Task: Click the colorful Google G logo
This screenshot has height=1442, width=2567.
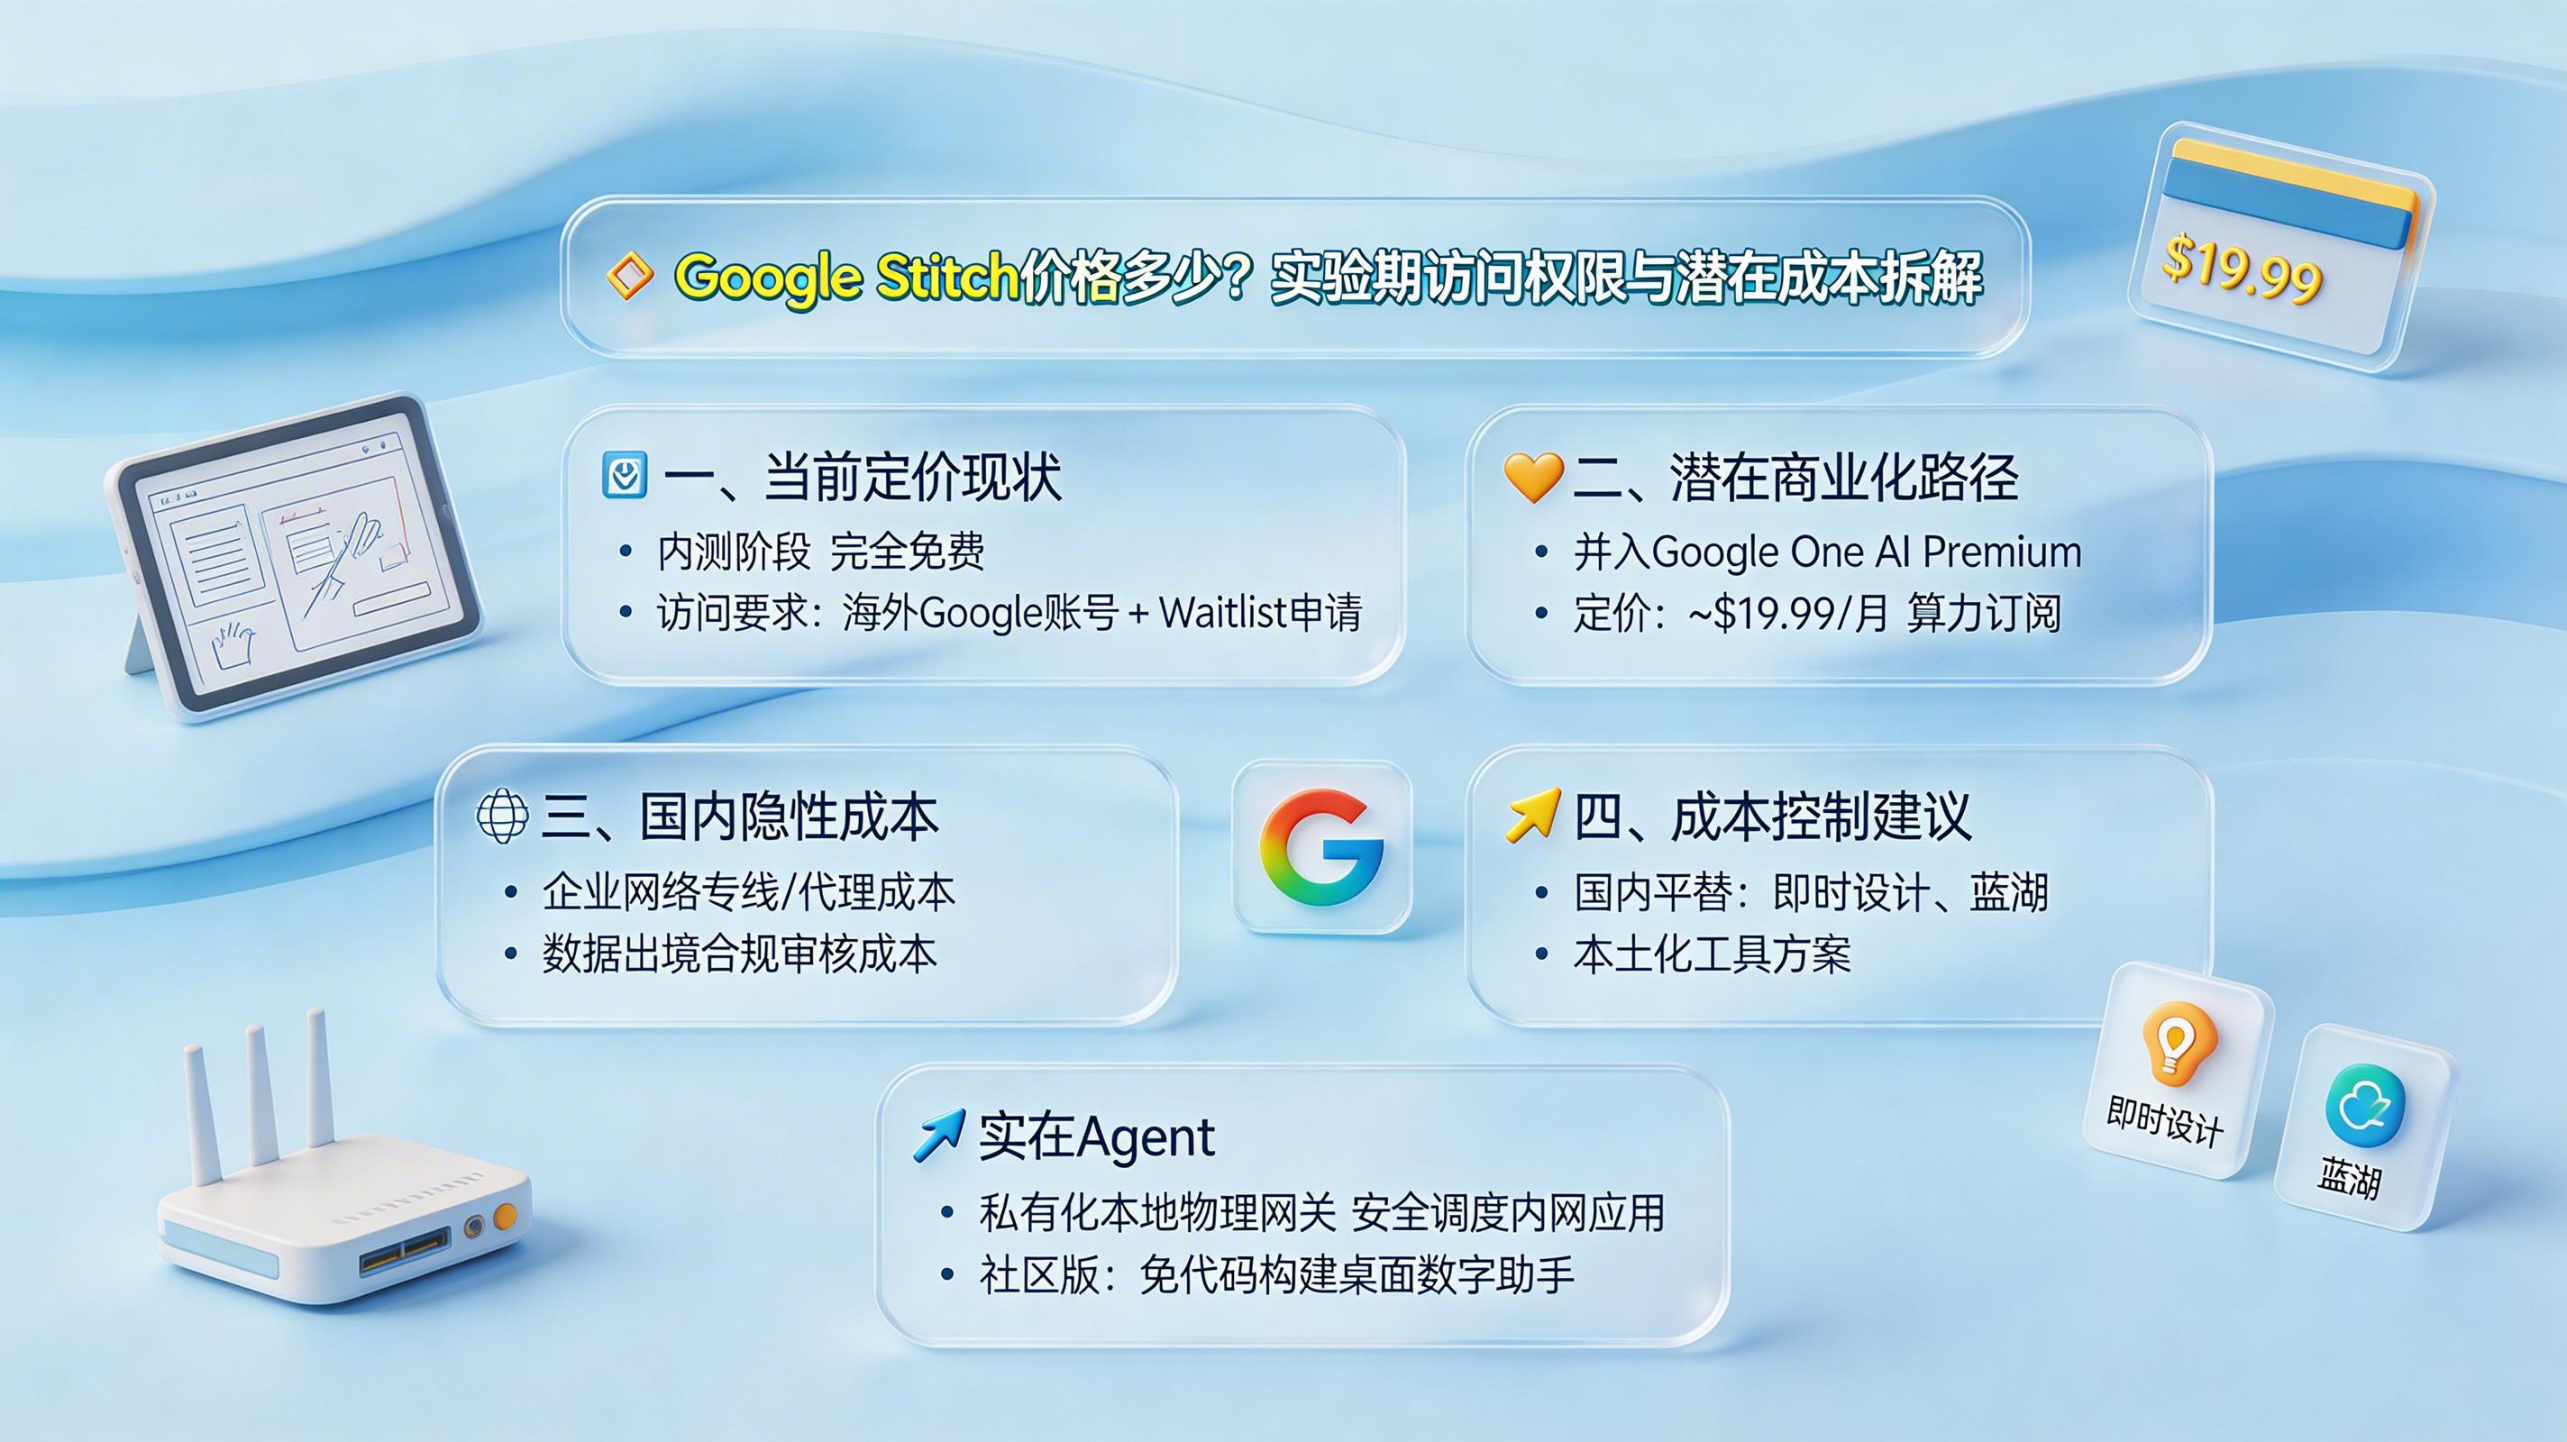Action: (x=1321, y=847)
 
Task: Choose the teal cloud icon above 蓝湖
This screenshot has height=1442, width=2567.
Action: (x=2363, y=1106)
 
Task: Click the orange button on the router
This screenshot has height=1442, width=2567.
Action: (x=506, y=1215)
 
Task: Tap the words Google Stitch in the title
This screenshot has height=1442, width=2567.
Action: (x=847, y=276)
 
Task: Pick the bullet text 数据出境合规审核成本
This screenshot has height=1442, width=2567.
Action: (x=738, y=954)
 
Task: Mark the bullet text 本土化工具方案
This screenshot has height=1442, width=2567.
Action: (x=1711, y=954)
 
